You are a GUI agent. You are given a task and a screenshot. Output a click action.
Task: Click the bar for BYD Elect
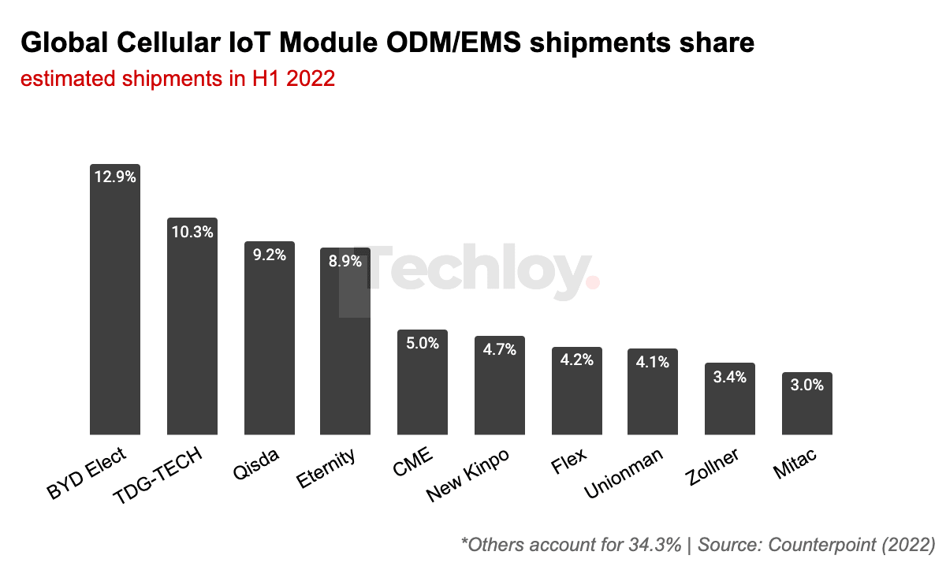coord(114,307)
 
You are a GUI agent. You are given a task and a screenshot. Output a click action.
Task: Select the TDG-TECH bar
coord(192,331)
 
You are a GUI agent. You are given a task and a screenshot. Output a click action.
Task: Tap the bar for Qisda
coord(269,343)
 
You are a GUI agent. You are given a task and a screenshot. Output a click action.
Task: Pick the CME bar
coord(423,386)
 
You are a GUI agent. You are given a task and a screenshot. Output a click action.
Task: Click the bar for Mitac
coord(806,406)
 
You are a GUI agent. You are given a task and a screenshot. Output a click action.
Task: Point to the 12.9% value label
coord(115,177)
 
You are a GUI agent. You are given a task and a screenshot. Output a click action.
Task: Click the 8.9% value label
coord(345,262)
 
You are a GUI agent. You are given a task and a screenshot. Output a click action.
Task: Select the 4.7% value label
coord(500,349)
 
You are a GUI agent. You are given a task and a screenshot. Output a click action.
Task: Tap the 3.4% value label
coord(730,377)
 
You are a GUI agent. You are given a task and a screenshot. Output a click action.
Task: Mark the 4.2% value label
coord(576,360)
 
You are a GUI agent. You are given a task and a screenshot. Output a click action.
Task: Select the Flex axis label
coord(569,462)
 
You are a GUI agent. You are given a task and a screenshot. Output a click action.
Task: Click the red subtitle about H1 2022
coord(178,79)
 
